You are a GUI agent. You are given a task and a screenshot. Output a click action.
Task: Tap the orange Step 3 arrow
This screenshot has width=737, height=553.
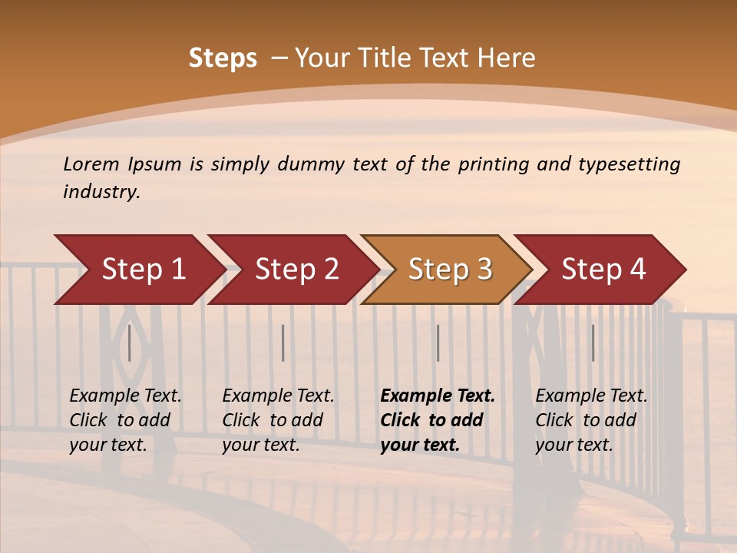pyautogui.click(x=450, y=270)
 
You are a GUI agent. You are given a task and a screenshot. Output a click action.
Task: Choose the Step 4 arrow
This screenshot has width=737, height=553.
pyautogui.click(x=603, y=270)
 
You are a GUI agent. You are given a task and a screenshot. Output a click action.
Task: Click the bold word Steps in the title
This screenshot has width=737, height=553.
pyautogui.click(x=223, y=58)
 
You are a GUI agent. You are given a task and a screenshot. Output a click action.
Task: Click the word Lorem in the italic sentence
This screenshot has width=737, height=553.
pyautogui.click(x=91, y=164)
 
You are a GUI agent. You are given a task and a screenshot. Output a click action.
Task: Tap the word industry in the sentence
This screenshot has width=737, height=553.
pyautogui.click(x=101, y=191)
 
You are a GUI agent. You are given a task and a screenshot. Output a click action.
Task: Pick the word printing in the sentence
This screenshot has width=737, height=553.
pyautogui.click(x=494, y=164)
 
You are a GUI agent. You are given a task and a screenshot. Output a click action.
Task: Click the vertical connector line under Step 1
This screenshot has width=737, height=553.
pyautogui.click(x=130, y=343)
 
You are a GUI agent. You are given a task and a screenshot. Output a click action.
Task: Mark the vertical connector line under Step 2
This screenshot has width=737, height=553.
pyautogui.click(x=283, y=343)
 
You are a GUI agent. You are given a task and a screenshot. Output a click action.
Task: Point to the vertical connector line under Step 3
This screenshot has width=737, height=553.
pyautogui.click(x=438, y=343)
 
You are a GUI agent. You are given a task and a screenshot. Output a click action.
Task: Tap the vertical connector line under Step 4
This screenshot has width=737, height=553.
pyautogui.click(x=593, y=343)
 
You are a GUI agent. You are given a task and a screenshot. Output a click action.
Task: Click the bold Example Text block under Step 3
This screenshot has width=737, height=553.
pyautogui.click(x=438, y=420)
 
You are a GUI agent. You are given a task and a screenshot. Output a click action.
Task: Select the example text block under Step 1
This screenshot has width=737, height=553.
pyautogui.click(x=125, y=420)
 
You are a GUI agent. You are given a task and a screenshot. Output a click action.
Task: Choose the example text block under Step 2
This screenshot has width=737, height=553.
pyautogui.click(x=278, y=420)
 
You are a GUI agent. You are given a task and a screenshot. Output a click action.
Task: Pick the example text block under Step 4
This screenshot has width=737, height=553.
pyautogui.click(x=591, y=420)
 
